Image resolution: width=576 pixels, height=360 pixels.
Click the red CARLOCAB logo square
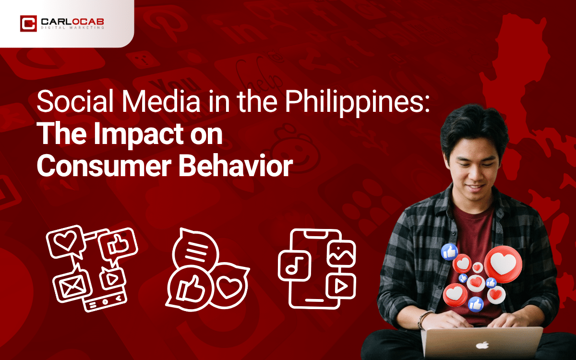point(28,24)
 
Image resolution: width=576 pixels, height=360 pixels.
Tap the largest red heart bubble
point(502,264)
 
